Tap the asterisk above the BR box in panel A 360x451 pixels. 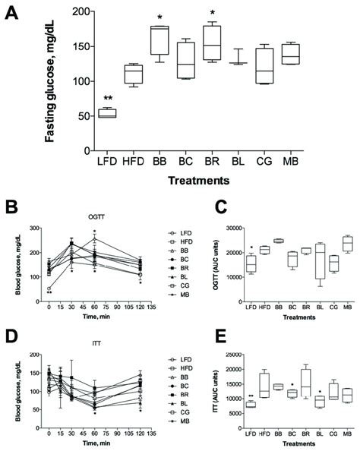click(x=212, y=14)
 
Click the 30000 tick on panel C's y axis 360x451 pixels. click(x=251, y=227)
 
